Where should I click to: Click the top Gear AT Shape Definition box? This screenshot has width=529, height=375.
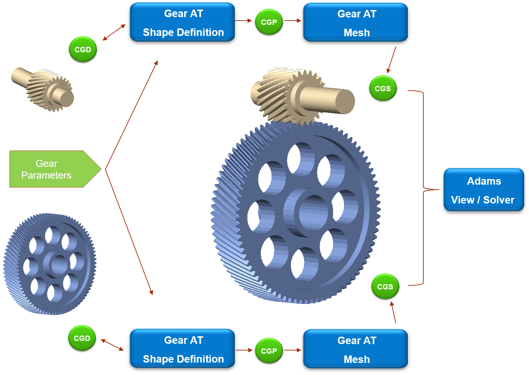[x=182, y=22]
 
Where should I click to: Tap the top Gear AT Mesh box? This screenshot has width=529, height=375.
[x=356, y=22]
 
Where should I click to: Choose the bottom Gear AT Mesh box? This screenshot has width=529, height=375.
[x=356, y=349]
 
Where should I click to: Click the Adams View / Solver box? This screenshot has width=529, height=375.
[x=484, y=190]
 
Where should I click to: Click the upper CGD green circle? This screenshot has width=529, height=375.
[x=83, y=49]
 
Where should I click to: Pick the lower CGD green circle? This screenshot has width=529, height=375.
[x=82, y=338]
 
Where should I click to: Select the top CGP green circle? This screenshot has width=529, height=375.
[x=269, y=22]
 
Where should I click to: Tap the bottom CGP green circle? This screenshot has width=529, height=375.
[x=269, y=350]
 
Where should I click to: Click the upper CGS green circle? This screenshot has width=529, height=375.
[x=383, y=88]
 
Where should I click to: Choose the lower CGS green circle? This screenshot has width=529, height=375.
[x=385, y=287]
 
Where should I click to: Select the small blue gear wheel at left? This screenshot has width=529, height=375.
[x=50, y=264]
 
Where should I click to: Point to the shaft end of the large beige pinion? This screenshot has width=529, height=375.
[x=345, y=102]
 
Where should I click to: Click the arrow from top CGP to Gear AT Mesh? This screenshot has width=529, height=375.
[x=293, y=21]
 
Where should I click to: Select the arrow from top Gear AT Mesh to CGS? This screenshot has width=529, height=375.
[x=391, y=60]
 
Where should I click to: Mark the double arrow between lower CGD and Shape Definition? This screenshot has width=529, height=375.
[x=112, y=345]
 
